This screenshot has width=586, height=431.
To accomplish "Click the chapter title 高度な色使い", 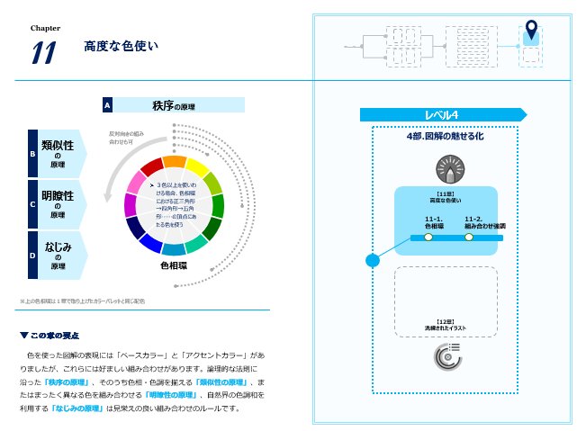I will (x=114, y=45).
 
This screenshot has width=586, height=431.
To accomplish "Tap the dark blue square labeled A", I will (x=107, y=105).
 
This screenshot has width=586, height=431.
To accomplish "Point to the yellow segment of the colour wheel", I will (x=197, y=167).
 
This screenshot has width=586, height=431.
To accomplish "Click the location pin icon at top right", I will (x=531, y=32).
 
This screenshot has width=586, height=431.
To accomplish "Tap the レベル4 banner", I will (x=441, y=114).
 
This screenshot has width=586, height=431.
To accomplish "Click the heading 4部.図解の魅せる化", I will (x=445, y=137).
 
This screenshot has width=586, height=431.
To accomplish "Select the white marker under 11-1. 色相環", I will (x=428, y=238).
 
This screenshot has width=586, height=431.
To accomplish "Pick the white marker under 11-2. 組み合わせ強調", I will (x=468, y=238).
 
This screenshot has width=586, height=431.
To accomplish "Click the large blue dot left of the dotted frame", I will (x=372, y=261).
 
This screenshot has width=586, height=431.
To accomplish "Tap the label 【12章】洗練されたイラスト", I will (x=446, y=324).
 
